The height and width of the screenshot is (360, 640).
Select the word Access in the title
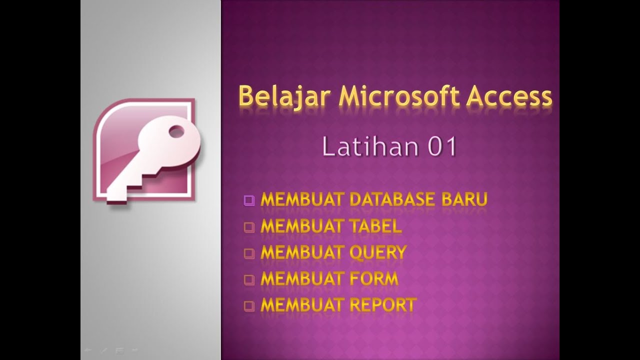coord(509,96)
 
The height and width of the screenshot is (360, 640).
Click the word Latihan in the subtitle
coord(360,147)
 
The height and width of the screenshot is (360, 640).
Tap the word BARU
coord(464,199)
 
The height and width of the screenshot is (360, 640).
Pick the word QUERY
coord(377,252)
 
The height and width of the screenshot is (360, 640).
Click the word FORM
coord(373,278)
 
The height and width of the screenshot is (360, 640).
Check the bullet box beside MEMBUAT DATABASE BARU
coord(249,200)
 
